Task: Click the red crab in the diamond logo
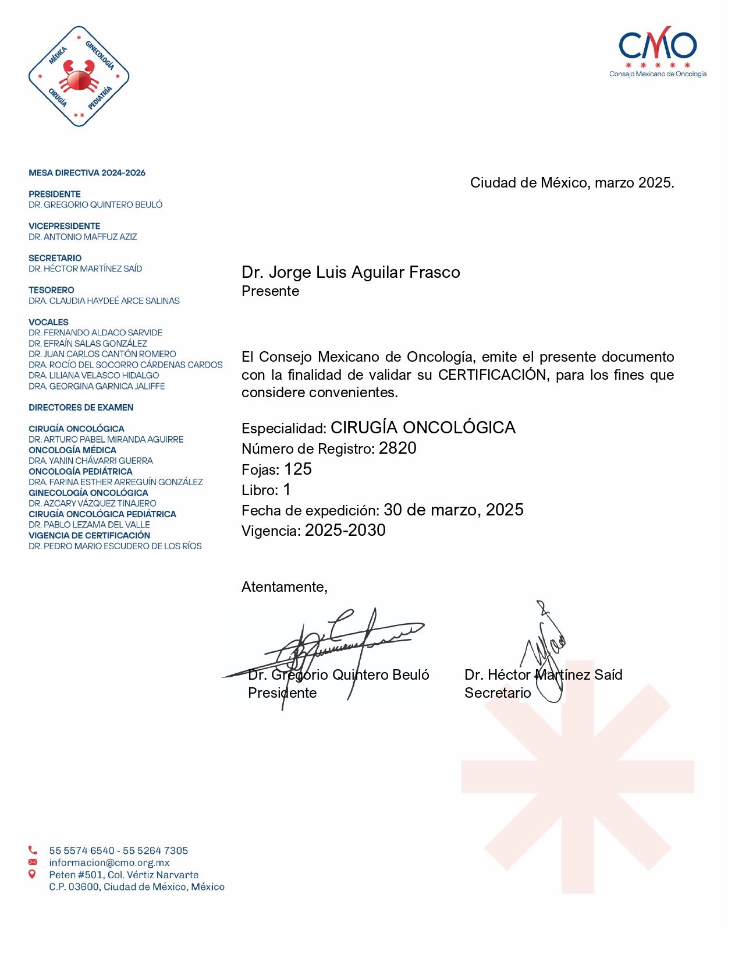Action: (79, 76)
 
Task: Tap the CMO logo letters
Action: (658, 45)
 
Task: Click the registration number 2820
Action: (397, 448)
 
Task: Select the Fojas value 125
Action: (298, 469)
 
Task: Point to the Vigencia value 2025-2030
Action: (345, 531)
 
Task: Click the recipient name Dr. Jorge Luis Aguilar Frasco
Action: (351, 273)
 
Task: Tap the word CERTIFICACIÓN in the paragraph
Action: (493, 375)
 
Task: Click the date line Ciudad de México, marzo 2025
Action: (572, 183)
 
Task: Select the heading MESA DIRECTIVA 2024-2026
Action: (87, 173)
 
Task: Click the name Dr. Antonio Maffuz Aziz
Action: (83, 237)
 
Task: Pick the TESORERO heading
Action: (51, 290)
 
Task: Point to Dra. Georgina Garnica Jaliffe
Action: (97, 386)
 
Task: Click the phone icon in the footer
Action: (33, 850)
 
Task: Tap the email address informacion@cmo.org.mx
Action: (109, 863)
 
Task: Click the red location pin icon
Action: (33, 874)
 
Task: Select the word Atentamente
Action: (284, 587)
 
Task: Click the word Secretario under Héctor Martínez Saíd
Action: (498, 693)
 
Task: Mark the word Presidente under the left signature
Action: (282, 693)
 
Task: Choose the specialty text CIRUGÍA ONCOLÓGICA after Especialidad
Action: (423, 428)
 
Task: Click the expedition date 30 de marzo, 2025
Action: (453, 510)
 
